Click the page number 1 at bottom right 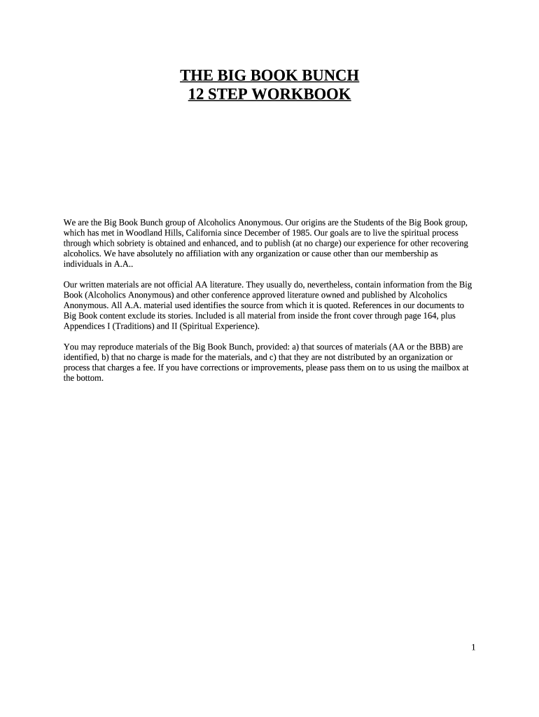(473, 648)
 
